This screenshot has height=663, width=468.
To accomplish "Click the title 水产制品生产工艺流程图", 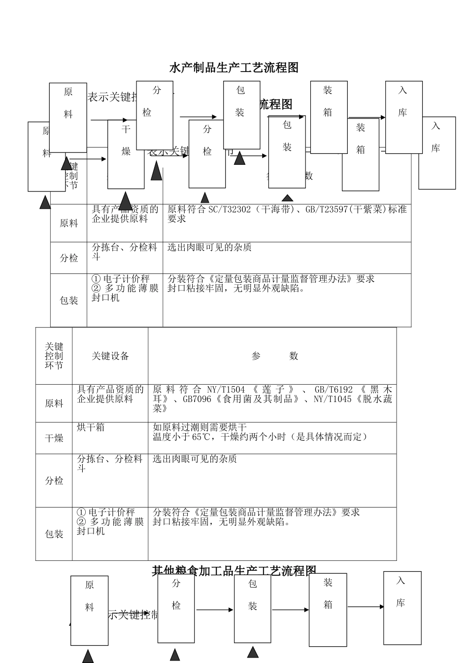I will coord(234,68).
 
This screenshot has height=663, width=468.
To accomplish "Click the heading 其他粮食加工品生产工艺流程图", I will coord(234,571).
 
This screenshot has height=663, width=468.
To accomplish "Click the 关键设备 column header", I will coord(110,356).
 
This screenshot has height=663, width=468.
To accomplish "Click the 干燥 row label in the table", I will coord(54,438).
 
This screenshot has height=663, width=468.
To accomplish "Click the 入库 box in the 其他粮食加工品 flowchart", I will coord(402,608).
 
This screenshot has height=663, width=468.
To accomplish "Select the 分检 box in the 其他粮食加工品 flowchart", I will coord(176,608).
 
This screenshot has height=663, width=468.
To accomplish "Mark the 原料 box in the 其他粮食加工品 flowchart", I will coord(89,610).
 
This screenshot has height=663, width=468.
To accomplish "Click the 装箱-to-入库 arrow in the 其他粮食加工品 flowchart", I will coord(366,607).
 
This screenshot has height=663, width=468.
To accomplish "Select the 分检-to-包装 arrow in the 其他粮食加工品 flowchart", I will coord(214,610).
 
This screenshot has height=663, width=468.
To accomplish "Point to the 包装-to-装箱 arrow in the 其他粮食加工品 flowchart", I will coord(290,610).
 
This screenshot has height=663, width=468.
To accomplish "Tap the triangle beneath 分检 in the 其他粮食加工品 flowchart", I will coord(175,655).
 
